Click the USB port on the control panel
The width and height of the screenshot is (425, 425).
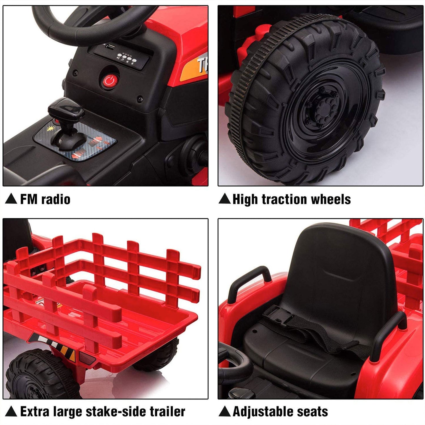point(110,46)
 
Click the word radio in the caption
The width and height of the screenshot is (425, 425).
point(56,199)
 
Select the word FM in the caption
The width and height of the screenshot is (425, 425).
point(29,199)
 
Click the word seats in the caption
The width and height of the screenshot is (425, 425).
point(314,412)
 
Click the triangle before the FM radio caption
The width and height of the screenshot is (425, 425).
point(11,199)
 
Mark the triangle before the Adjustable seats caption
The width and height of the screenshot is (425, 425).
point(225,411)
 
